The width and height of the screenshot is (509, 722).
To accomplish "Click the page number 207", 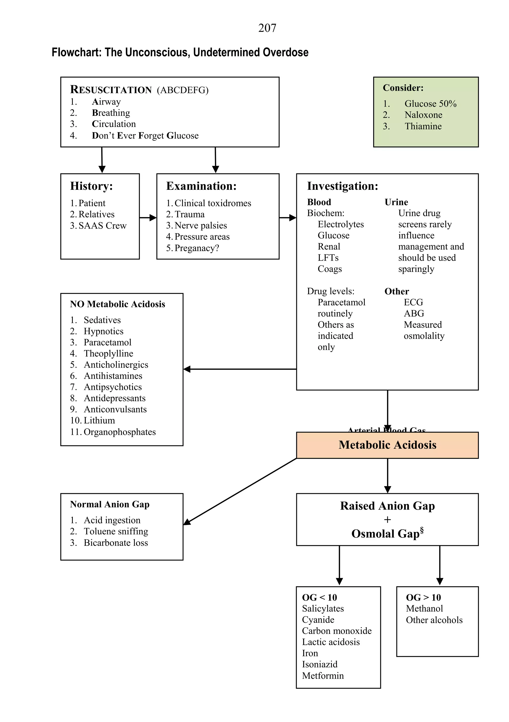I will click(x=267, y=28).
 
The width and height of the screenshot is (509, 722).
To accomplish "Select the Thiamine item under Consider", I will click(x=423, y=126).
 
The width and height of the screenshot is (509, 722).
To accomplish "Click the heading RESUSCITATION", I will click(x=111, y=90).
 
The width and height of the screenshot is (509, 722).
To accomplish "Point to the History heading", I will click(x=91, y=186).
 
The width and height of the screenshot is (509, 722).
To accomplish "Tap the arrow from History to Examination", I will click(x=148, y=218).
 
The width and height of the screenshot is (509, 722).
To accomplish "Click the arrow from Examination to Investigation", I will click(x=288, y=218).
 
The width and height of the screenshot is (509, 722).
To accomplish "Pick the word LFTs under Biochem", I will click(x=328, y=258).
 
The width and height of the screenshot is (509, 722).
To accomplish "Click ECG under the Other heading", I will click(x=413, y=302).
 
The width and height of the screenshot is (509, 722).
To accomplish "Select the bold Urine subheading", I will click(x=396, y=202).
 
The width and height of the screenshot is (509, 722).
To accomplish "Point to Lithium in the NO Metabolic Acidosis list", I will click(x=99, y=420).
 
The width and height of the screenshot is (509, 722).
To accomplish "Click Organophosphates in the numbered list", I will click(x=120, y=432).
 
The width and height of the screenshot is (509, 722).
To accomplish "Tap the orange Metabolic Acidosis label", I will click(x=387, y=445).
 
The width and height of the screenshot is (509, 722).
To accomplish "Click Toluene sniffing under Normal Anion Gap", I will click(x=116, y=531).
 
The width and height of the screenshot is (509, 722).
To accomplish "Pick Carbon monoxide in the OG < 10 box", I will click(x=337, y=631).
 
